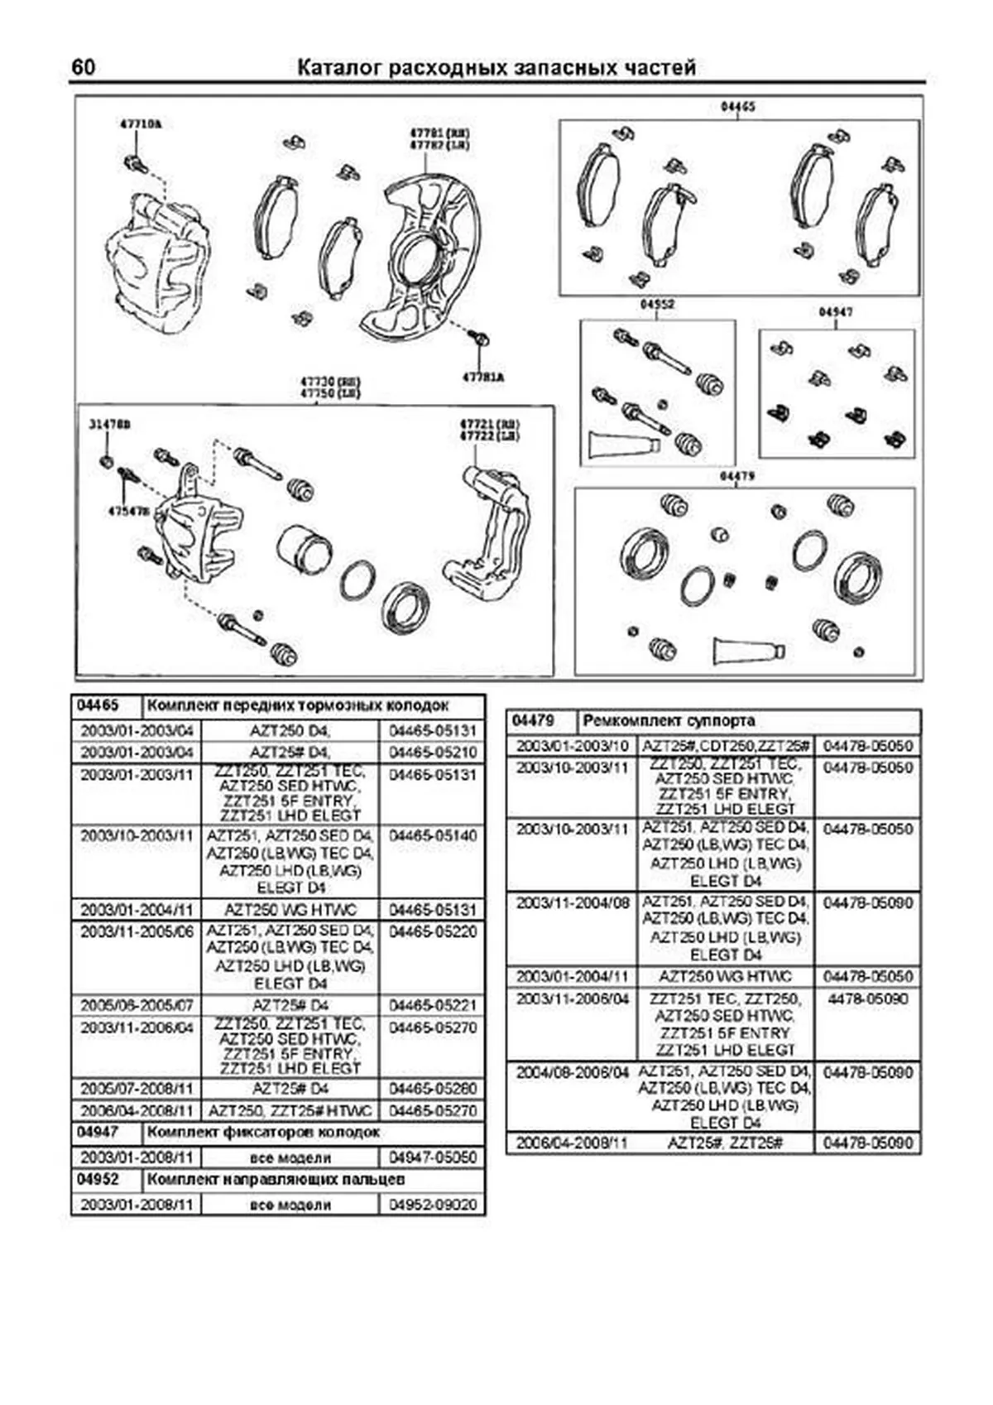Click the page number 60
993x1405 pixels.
84,67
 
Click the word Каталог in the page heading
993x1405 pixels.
338,68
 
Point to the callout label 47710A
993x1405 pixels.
141,124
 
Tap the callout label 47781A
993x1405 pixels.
483,378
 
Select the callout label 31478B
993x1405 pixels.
110,425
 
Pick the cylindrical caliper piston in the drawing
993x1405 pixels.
304,550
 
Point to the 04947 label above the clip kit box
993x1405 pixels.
836,312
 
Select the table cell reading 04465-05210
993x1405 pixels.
432,753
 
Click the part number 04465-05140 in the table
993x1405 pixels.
432,836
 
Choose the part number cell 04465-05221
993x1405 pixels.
432,1006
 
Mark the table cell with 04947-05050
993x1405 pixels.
432,1157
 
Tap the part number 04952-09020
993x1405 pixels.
432,1205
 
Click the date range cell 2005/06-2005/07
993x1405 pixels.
137,1006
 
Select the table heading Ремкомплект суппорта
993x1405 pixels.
669,721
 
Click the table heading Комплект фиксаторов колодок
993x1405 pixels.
263,1133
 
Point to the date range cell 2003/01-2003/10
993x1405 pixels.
572,746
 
